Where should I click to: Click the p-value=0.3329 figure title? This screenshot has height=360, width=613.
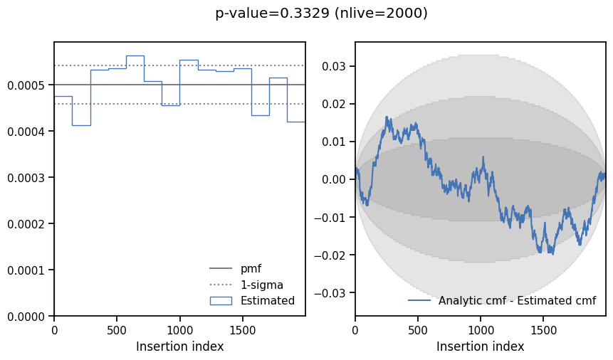[x=321, y=13]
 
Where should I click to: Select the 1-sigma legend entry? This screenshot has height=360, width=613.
[x=261, y=285]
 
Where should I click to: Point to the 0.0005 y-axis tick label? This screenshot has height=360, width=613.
[x=26, y=85]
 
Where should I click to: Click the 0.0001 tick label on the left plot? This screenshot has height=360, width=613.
[x=26, y=270]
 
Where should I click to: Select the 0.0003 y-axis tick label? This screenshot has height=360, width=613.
[x=26, y=178]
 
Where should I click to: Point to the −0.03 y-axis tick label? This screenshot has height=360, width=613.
[x=331, y=292]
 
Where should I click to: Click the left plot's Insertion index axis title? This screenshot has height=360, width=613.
[x=179, y=346]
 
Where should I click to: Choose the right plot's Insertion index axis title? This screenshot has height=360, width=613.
[x=481, y=346]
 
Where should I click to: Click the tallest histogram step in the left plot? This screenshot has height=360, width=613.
[x=135, y=55]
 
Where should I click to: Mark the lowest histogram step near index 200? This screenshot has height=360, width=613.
[x=81, y=125]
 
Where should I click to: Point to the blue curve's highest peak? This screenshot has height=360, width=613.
[x=387, y=117]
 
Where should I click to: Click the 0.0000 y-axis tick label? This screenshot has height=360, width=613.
[x=26, y=316]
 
